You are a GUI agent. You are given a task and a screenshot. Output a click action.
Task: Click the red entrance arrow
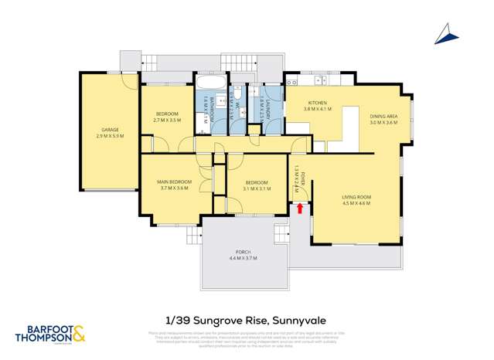299,208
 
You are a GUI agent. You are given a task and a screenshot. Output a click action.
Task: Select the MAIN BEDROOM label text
173,182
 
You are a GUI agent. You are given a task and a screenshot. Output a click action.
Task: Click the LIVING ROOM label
357,197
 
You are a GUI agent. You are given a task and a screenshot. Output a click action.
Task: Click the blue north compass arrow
445,32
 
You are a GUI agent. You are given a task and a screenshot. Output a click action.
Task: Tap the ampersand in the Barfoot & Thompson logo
78,335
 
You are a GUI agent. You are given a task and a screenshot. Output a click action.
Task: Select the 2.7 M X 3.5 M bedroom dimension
167,121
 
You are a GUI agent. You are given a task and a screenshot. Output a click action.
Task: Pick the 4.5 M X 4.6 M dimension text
357,203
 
